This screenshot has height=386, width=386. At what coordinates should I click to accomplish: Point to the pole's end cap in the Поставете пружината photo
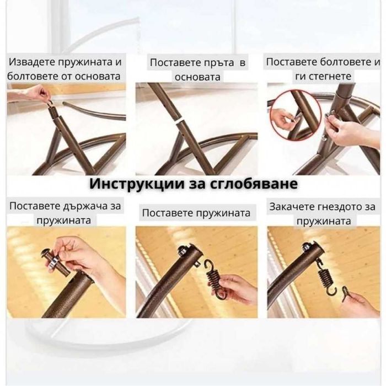point(187,255)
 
